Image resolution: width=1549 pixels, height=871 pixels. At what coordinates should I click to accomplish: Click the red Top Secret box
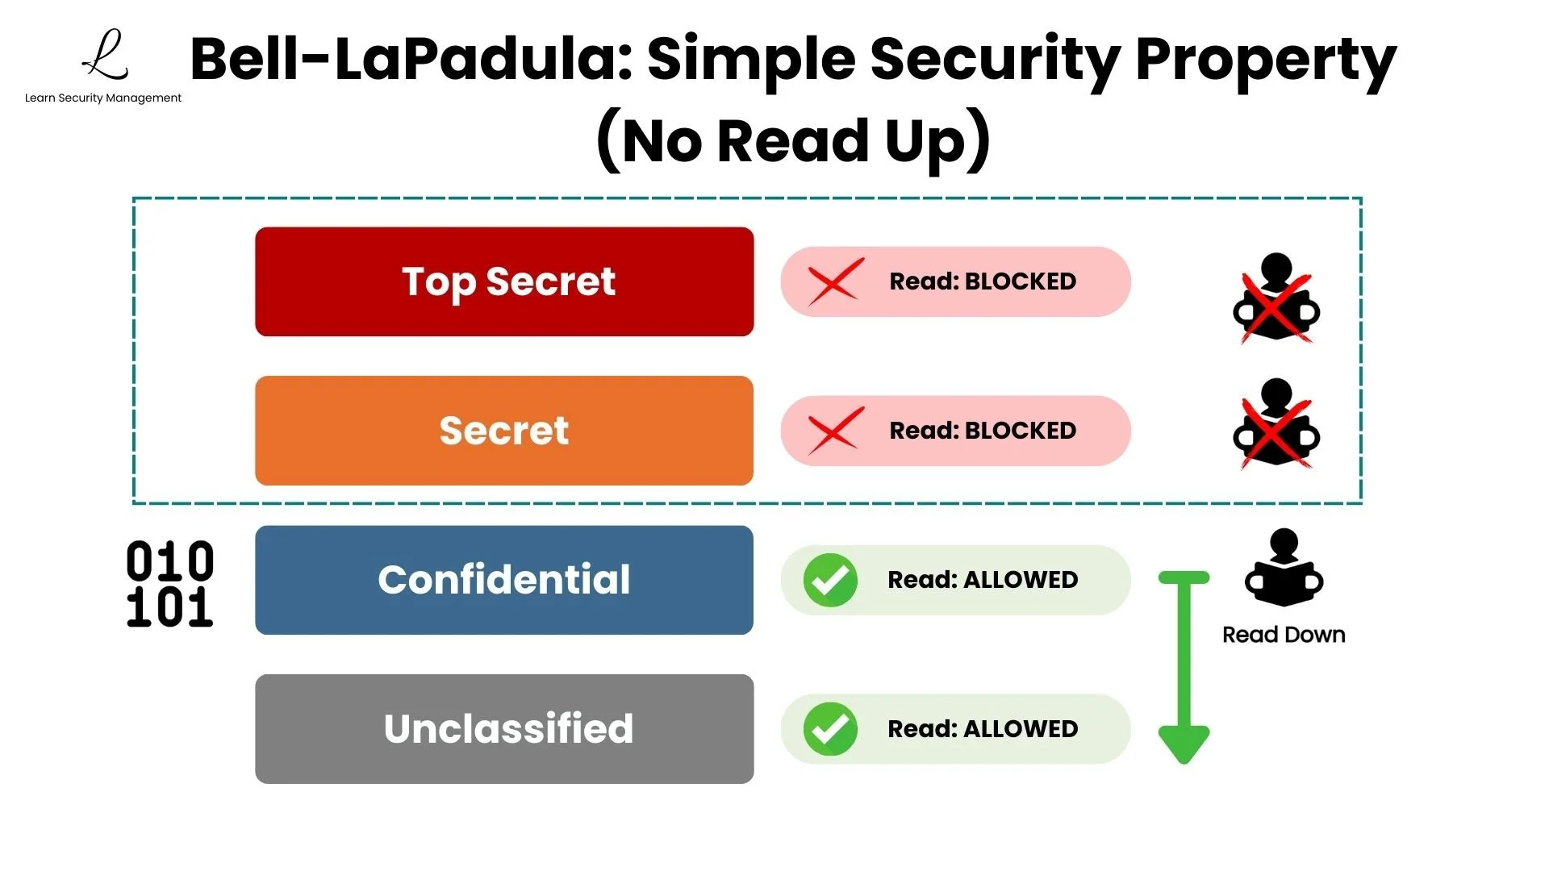pyautogui.click(x=504, y=281)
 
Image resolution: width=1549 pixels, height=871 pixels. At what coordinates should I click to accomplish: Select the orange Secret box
pyautogui.click(x=504, y=431)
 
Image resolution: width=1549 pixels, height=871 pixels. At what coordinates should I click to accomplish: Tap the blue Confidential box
pyautogui.click(x=504, y=580)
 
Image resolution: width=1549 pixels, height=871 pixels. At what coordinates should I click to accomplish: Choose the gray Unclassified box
pyautogui.click(x=504, y=728)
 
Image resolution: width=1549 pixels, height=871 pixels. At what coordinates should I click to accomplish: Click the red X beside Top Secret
pyautogui.click(x=836, y=281)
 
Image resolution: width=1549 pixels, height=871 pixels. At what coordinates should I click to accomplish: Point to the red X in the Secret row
pyautogui.click(x=836, y=431)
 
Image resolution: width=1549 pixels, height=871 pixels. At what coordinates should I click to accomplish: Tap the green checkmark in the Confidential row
pyautogui.click(x=830, y=580)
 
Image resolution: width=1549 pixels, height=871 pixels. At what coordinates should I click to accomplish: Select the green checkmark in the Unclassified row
pyautogui.click(x=830, y=728)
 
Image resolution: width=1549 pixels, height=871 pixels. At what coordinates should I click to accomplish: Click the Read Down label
pyautogui.click(x=1284, y=635)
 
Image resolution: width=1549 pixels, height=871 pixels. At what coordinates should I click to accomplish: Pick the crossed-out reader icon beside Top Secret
pyautogui.click(x=1276, y=298)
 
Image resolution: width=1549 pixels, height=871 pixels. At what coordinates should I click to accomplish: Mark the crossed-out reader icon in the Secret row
pyautogui.click(x=1276, y=423)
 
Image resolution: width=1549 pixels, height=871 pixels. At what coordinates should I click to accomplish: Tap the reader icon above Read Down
pyautogui.click(x=1284, y=568)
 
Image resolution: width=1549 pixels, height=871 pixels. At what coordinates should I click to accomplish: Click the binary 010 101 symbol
pyautogui.click(x=170, y=584)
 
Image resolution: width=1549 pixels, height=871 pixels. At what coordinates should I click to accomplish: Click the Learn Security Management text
pyautogui.click(x=103, y=98)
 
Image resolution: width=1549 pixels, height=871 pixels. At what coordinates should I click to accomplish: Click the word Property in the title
pyautogui.click(x=1266, y=60)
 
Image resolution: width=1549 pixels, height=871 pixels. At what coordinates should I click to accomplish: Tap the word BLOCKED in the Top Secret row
pyautogui.click(x=1020, y=281)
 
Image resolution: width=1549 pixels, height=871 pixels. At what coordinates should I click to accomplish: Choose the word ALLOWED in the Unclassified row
pyautogui.click(x=1020, y=729)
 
